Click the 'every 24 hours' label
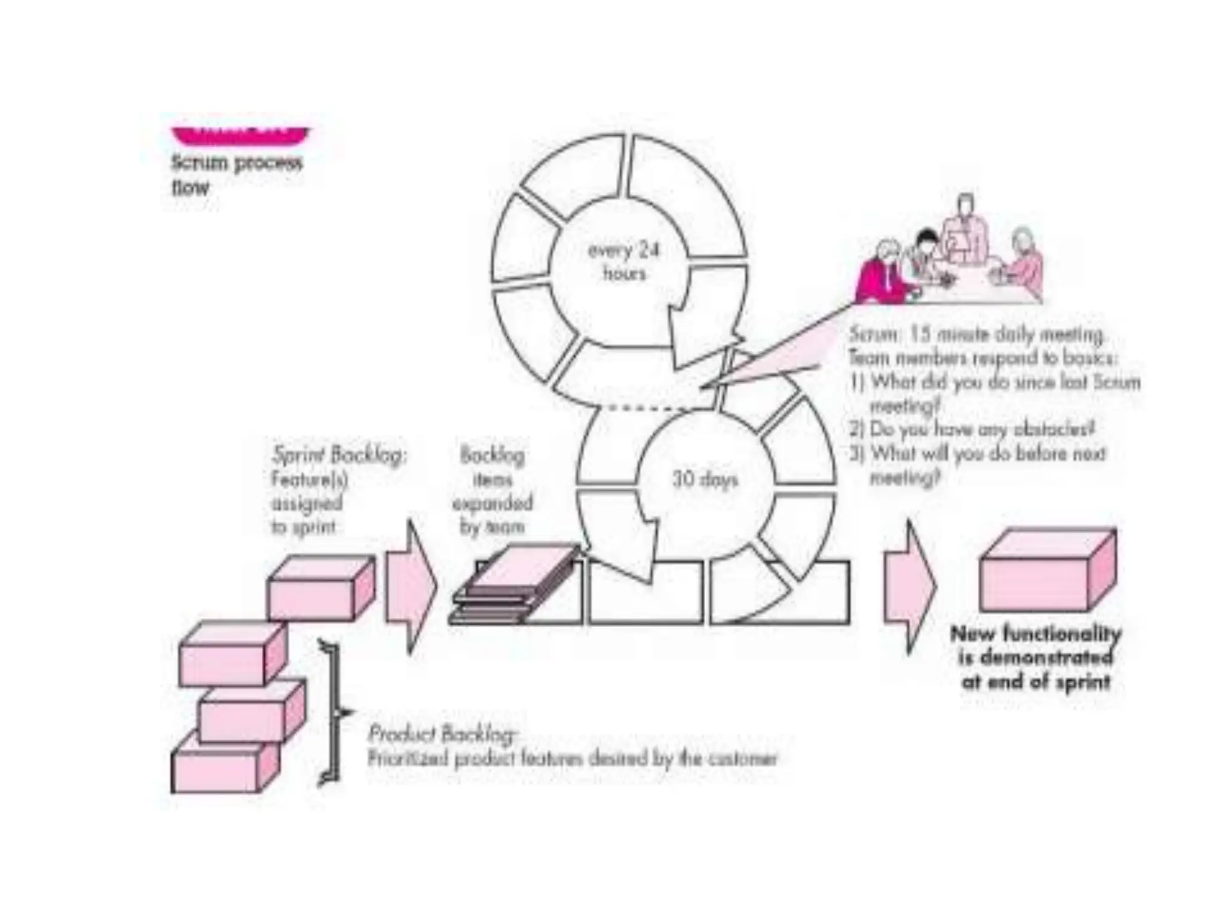point(623,261)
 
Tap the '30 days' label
point(705,479)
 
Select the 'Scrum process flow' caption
point(237,175)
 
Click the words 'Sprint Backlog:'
point(339,455)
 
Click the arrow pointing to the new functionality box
point(909,586)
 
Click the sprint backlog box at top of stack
point(320,588)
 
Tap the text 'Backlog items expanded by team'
point(492,491)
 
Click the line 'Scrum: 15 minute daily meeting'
point(975,334)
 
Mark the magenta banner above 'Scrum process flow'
point(240,135)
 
